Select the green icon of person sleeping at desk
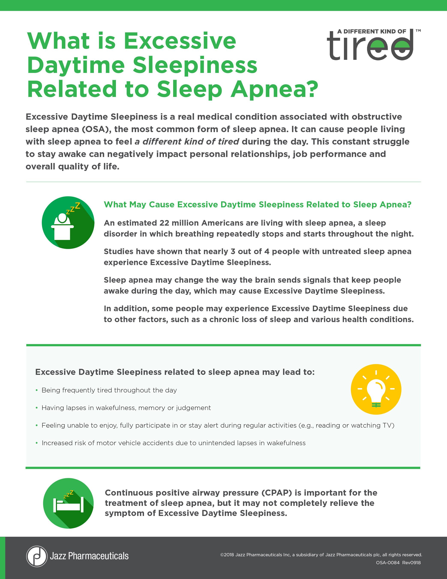click(68, 222)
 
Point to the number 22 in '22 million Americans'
click(164, 223)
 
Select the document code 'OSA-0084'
click(387, 562)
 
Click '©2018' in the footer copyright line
click(227, 555)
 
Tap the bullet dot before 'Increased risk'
click(37, 443)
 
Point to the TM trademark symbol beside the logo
click(418, 31)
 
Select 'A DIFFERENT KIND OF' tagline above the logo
click(372, 32)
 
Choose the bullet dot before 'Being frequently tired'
click(37, 390)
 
